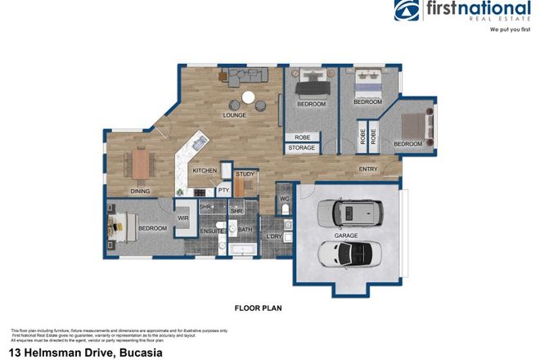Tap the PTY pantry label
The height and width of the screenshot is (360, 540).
223,191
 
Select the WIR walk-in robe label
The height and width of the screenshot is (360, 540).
183,218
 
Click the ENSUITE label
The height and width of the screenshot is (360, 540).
211,230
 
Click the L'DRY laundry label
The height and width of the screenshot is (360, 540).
275,236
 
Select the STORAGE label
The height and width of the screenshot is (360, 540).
301,148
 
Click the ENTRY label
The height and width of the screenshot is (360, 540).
368,169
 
